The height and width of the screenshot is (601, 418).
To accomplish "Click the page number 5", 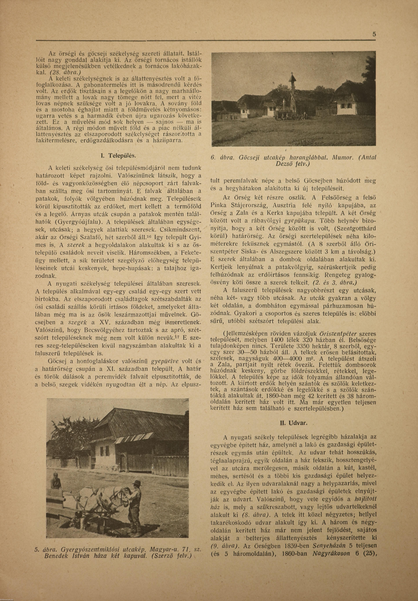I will click(x=374, y=34).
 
